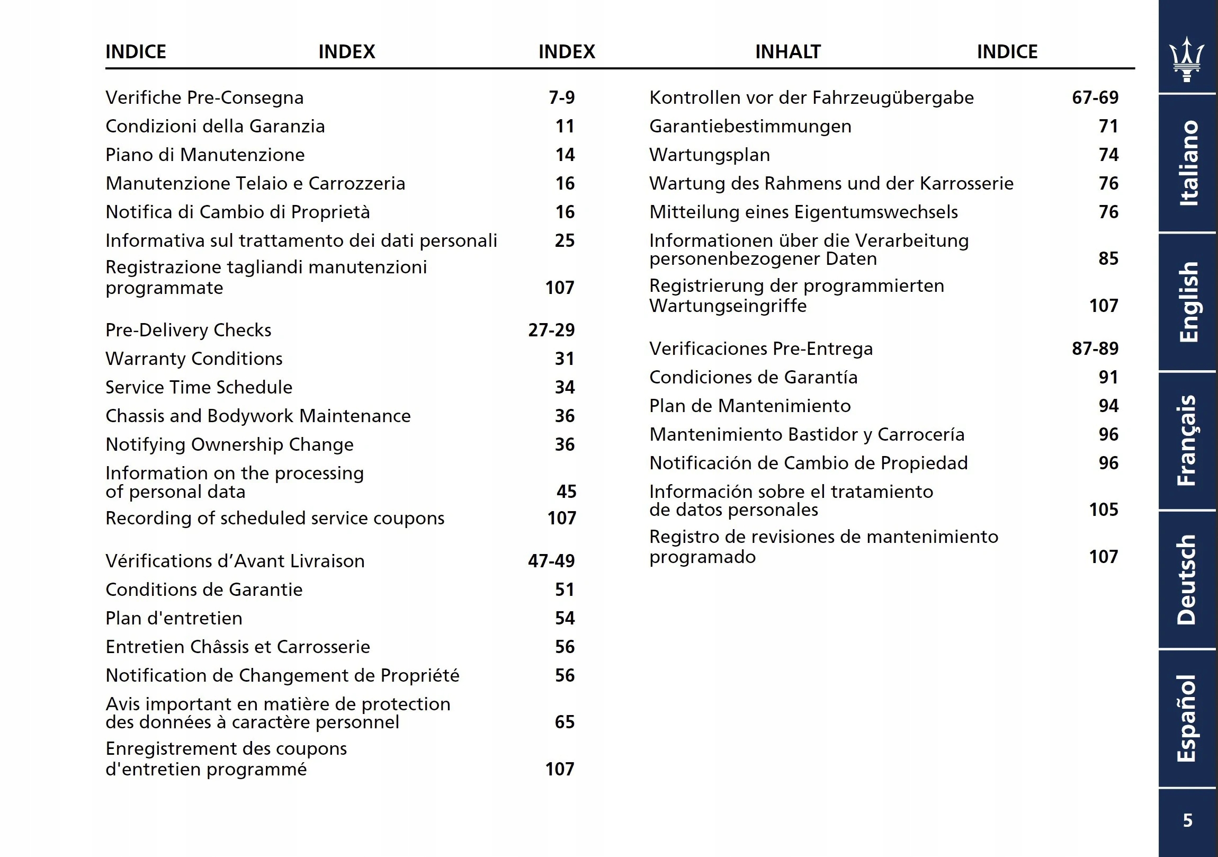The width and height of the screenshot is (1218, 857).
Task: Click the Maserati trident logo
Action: click(1187, 59)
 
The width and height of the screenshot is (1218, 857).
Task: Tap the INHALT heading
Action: click(788, 51)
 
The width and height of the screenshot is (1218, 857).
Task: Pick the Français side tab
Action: click(1187, 441)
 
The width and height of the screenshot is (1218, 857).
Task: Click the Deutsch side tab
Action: click(1187, 579)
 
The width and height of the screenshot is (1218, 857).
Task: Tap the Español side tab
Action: click(1187, 719)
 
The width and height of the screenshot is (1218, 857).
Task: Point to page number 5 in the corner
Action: click(1188, 820)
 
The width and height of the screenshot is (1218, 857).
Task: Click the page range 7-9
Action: click(562, 97)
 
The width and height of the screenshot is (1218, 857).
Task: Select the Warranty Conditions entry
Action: click(194, 359)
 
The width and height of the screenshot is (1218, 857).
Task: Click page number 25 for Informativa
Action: click(565, 240)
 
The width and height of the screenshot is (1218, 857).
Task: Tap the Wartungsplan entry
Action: click(710, 155)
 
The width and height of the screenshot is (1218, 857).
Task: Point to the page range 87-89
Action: click(1095, 349)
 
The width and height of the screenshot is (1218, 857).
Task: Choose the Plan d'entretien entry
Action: click(174, 618)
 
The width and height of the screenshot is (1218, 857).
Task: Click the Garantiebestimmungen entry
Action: click(750, 126)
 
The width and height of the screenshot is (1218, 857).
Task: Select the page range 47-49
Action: click(551, 561)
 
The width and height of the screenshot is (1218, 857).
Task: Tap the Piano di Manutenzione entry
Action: click(205, 155)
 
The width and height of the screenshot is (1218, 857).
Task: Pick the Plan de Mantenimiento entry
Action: click(750, 406)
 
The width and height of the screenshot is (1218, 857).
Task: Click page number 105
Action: click(1104, 510)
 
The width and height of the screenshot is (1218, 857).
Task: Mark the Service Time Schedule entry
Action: click(199, 387)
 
